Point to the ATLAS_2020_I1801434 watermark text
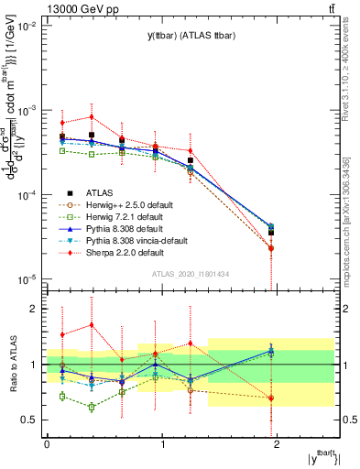pos(190,274)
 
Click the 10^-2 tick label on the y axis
pos(26,26)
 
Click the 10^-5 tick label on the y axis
pos(26,279)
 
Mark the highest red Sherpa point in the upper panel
pos(92,116)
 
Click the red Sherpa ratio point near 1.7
pos(92,325)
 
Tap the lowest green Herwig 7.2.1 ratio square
pos(92,407)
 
